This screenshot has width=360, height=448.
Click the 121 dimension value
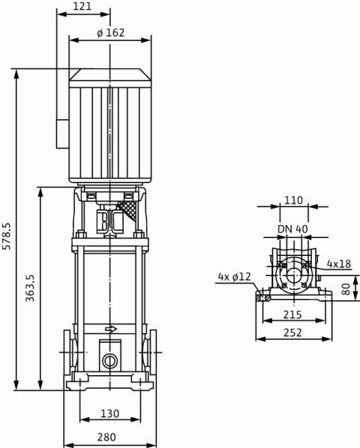[82, 6]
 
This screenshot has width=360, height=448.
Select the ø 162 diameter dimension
[111, 33]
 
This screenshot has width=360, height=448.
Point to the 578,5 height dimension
[6, 236]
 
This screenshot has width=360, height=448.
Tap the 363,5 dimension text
[30, 288]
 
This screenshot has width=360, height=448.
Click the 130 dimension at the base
[110, 413]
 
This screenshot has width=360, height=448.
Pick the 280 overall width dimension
[106, 437]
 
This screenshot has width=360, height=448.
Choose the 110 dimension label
[293, 200]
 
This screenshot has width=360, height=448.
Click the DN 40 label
[293, 229]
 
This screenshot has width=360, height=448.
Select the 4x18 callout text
[339, 264]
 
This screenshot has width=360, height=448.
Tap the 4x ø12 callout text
[235, 277]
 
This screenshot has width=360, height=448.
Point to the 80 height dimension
[346, 289]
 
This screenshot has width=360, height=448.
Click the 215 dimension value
[292, 314]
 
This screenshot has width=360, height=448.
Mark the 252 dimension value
[292, 332]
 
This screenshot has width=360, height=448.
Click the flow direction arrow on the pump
[111, 329]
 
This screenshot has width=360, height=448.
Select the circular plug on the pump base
[109, 362]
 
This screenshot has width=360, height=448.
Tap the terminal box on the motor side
[62, 134]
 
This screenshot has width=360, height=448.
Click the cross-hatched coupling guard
[128, 211]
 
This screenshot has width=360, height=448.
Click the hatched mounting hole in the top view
[263, 297]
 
